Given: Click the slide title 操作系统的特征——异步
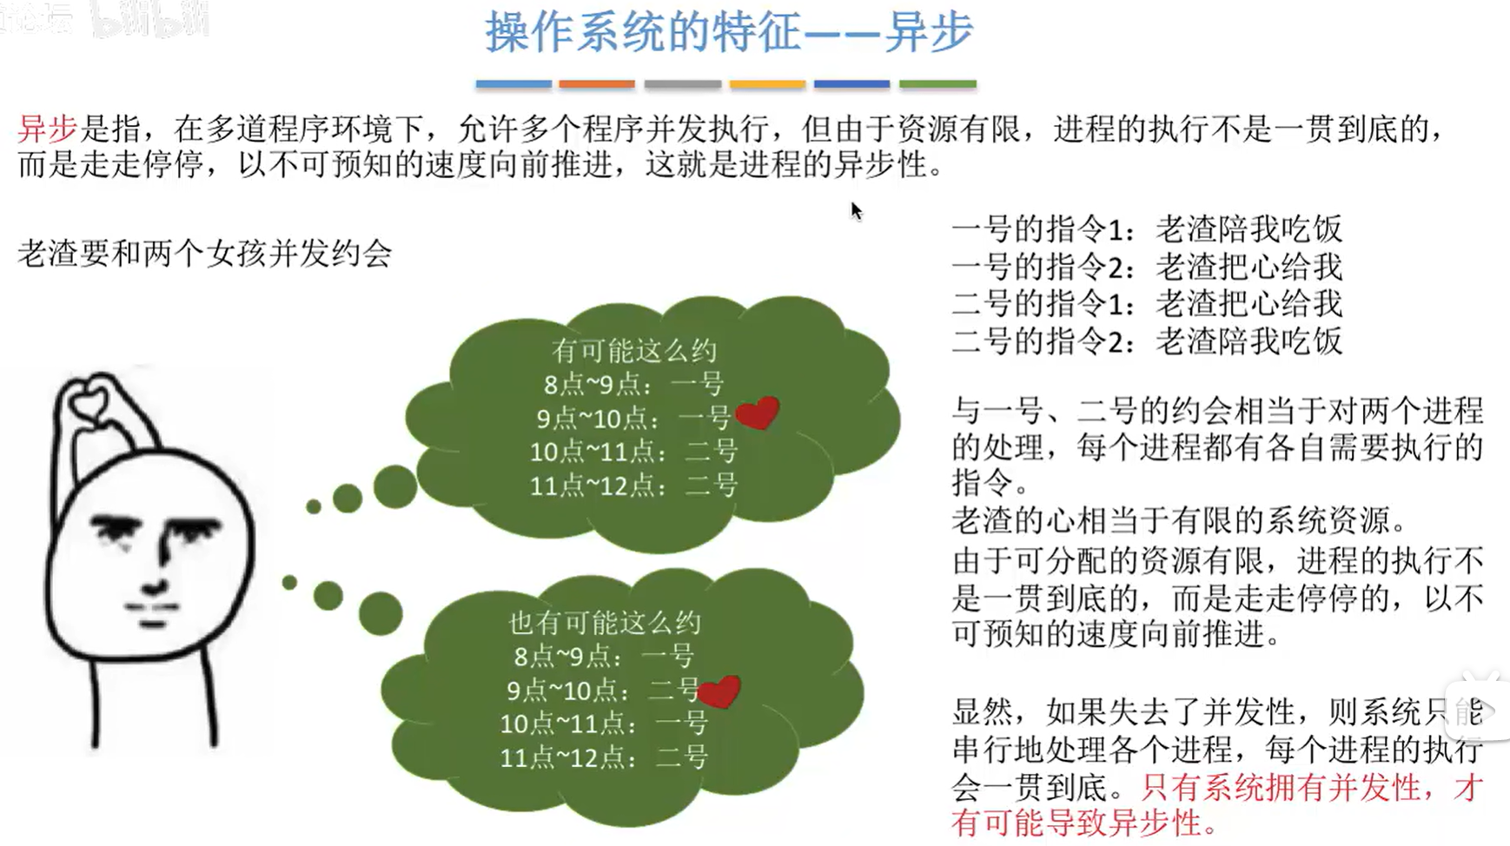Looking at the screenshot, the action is pyautogui.click(x=729, y=32).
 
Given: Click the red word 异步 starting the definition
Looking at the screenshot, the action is pyautogui.click(x=48, y=129).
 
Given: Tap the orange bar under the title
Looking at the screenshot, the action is pyautogui.click(x=597, y=84).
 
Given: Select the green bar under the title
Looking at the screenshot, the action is pyautogui.click(x=937, y=84).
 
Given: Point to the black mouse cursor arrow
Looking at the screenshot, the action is pyautogui.click(x=856, y=210).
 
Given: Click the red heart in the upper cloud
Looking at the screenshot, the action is pyautogui.click(x=757, y=413).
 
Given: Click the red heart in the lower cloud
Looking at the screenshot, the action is pyautogui.click(x=719, y=691).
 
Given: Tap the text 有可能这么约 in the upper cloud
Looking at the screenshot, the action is pyautogui.click(x=634, y=350).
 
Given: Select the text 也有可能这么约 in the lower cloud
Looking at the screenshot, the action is pyautogui.click(x=605, y=622).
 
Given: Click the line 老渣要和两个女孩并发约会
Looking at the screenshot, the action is pyautogui.click(x=205, y=254).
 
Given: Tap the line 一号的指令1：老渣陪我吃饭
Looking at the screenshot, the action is pyautogui.click(x=1147, y=229).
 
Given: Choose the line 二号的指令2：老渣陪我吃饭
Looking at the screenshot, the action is pyautogui.click(x=1147, y=340).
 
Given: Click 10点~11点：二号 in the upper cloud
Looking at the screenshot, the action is pyautogui.click(x=634, y=452).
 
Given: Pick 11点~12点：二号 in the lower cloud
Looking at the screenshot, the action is pyautogui.click(x=605, y=757).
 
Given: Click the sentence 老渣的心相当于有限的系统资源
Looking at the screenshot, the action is pyautogui.click(x=1179, y=520).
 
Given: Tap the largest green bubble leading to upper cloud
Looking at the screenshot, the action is pyautogui.click(x=395, y=486).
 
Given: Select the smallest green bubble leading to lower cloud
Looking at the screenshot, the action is pyautogui.click(x=289, y=582).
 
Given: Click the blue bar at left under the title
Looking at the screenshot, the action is pyautogui.click(x=513, y=84).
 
